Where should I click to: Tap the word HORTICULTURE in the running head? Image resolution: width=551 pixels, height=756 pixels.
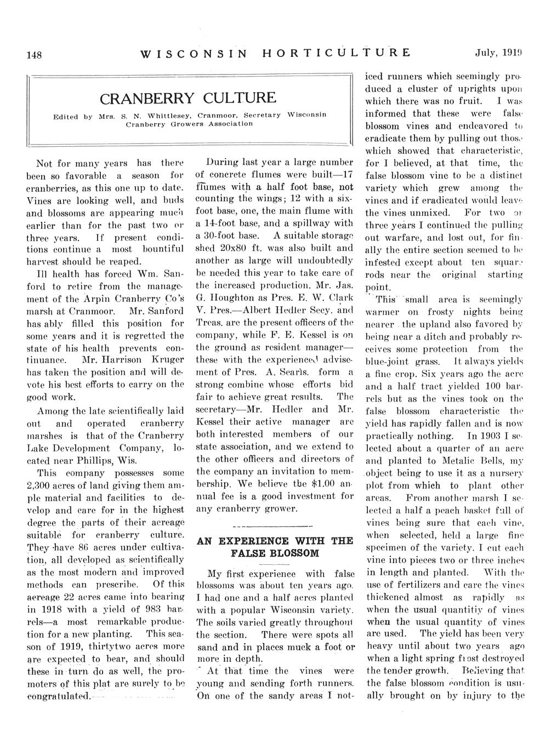click(x=337, y=53)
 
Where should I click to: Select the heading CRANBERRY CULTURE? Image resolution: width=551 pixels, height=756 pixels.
click(x=188, y=98)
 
